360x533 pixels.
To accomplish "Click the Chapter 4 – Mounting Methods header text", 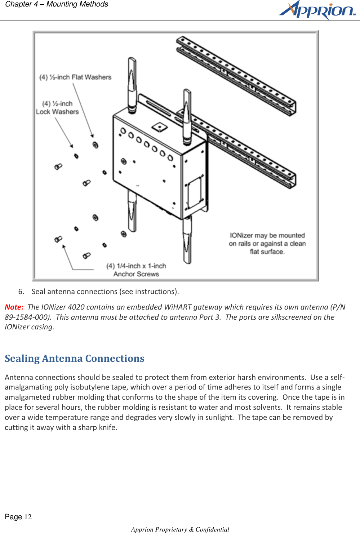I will coord(57,4).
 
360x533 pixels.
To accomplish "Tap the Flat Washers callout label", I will coord(75,77).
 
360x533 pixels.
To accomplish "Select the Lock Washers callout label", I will coord(57,108).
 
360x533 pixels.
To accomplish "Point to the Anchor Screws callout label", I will coord(136,270).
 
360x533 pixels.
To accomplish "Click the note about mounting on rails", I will coord(267,244).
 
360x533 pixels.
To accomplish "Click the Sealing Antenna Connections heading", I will coord(75,359).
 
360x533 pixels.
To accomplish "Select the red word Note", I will coord(14,307).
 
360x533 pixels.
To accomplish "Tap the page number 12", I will coord(28,517).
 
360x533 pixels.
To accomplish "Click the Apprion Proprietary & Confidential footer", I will coord(180,529).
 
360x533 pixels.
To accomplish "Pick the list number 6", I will coord(21,292).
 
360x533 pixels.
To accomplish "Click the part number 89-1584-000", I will coord(27,317).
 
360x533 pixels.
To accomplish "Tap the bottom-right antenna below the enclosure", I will coord(187,240).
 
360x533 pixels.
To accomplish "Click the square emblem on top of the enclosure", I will coord(159,127).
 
